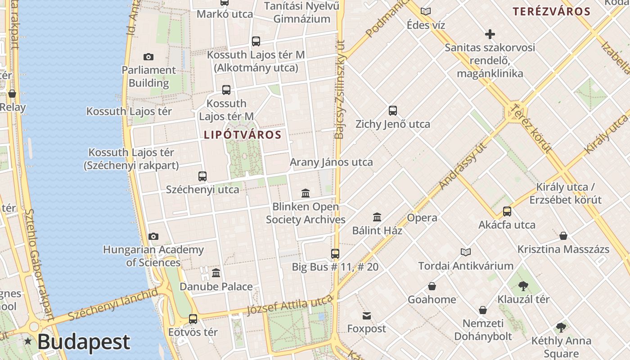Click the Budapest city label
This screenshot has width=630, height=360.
pyautogui.click(x=84, y=342)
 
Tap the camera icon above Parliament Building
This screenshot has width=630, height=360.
pyautogui.click(x=148, y=57)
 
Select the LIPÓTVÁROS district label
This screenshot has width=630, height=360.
pyautogui.click(x=243, y=135)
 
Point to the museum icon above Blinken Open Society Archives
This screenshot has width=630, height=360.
pyautogui.click(x=306, y=193)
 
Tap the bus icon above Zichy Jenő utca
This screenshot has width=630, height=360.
pyautogui.click(x=393, y=111)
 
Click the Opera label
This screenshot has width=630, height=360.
pyautogui.click(x=422, y=218)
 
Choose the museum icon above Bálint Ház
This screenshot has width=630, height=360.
pyautogui.click(x=377, y=217)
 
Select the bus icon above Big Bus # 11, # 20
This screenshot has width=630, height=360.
pyautogui.click(x=335, y=254)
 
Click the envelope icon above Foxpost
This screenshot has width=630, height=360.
pyautogui.click(x=366, y=315)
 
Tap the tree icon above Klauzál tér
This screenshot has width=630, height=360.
pyautogui.click(x=523, y=286)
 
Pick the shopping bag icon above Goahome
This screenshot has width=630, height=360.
pyautogui.click(x=432, y=286)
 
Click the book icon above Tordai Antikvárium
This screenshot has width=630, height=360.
pyautogui.click(x=466, y=252)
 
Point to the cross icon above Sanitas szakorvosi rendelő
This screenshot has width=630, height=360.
pyautogui.click(x=490, y=34)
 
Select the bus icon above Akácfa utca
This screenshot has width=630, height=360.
pyautogui.click(x=507, y=211)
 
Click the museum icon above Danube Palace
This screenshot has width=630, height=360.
pyautogui.click(x=216, y=273)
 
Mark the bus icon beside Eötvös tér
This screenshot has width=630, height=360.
pyautogui.click(x=193, y=319)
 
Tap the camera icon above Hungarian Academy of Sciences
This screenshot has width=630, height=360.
pyautogui.click(x=153, y=236)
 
